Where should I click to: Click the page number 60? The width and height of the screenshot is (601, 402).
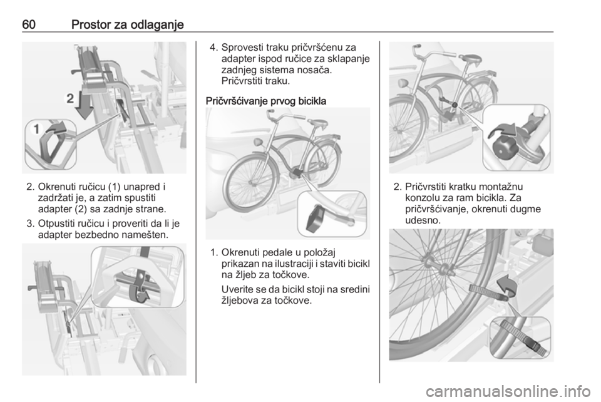coord(29,24)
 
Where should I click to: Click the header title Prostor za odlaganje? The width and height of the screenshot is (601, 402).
coord(128,25)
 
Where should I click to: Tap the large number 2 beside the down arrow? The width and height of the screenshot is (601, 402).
coord(69,98)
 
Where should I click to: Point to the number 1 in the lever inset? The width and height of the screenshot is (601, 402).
coord(37,129)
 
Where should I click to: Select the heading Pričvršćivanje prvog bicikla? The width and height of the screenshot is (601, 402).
coord(266,101)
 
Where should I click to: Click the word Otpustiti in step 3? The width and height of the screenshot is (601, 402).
coord(59,224)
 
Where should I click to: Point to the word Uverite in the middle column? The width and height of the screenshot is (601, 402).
coord(237,289)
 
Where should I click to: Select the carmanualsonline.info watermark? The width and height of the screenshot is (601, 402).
coord(508,391)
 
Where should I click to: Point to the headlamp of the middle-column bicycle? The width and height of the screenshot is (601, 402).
coord(257,142)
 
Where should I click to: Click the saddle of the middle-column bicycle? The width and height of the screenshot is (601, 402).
coord(317,123)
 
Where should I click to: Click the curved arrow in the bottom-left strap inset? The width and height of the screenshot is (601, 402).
coord(143,296)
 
